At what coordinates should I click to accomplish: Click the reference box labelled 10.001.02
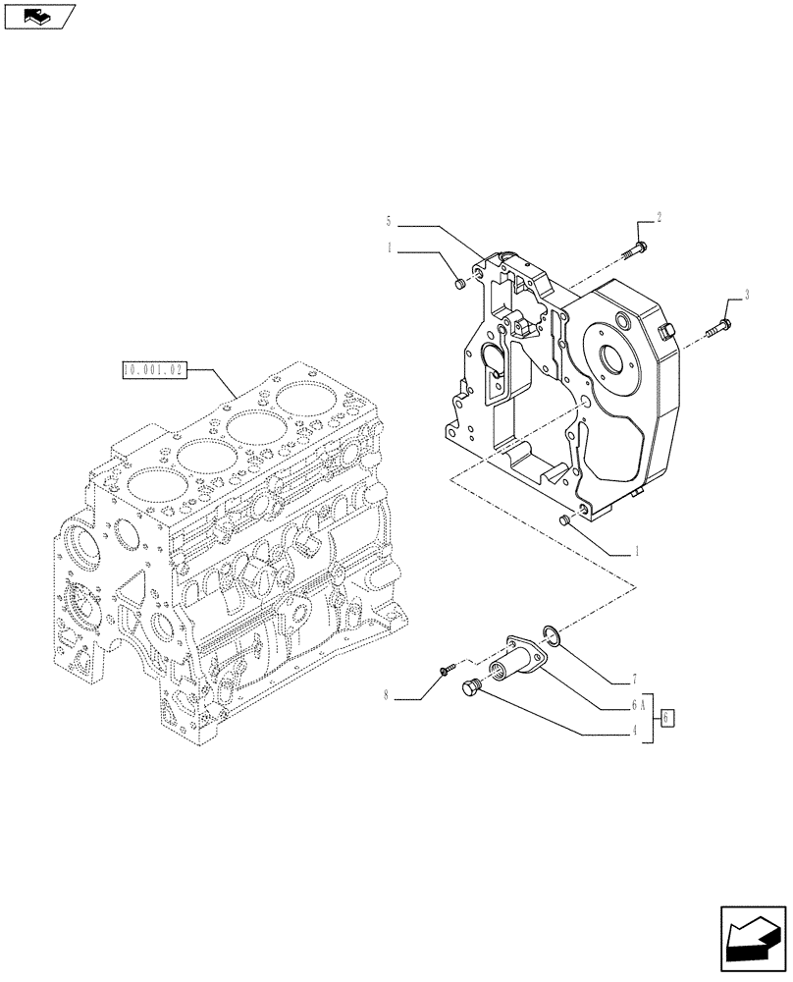[x=152, y=370]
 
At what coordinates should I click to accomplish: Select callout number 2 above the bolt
[x=659, y=218]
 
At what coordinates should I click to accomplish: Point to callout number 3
[x=747, y=294]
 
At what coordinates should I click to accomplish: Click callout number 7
[x=636, y=680]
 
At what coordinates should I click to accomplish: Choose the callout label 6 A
[x=640, y=704]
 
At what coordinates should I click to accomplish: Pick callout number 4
[x=636, y=730]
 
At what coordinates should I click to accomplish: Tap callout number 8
[x=389, y=696]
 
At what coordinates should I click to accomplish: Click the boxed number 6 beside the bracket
[x=667, y=717]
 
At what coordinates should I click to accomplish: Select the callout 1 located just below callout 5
[x=389, y=249]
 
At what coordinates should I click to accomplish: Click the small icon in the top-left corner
[x=37, y=16]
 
